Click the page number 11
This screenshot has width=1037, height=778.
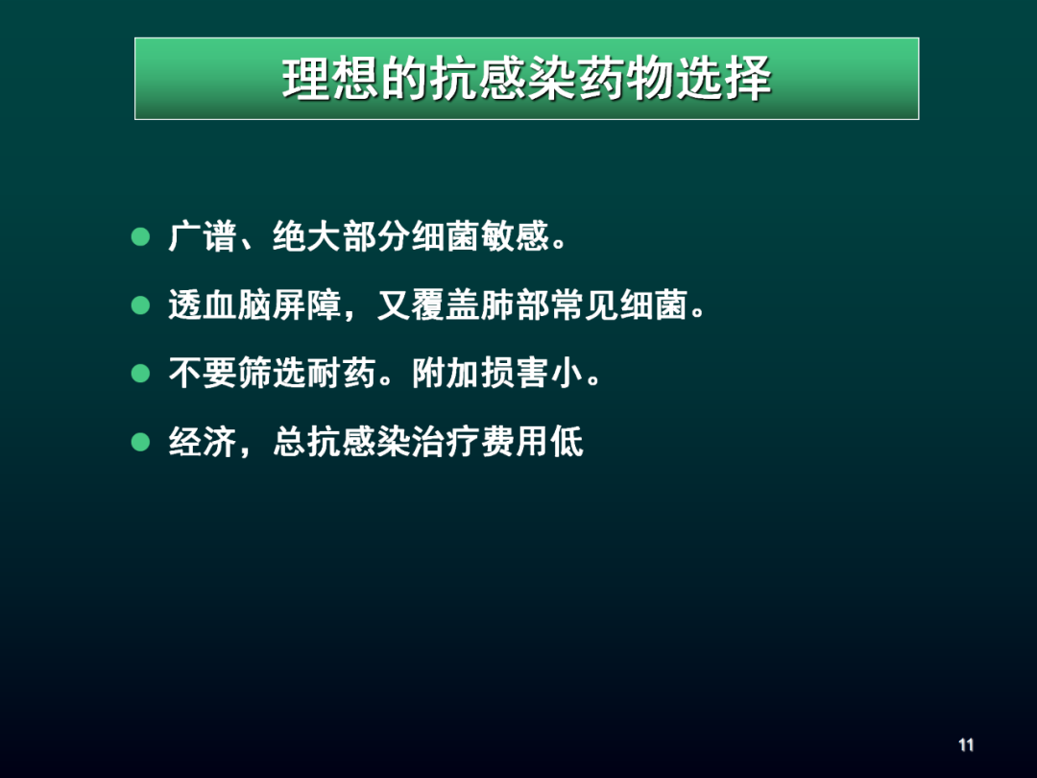(966, 745)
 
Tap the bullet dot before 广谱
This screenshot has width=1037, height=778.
(142, 236)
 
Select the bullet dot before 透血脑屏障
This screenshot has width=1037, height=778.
(142, 305)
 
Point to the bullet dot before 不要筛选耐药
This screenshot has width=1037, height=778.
(142, 374)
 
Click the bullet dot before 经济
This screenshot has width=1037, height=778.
(142, 442)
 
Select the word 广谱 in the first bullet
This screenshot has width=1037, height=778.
(203, 237)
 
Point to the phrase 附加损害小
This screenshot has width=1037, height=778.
(497, 375)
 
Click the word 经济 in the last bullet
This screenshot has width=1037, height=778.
(203, 443)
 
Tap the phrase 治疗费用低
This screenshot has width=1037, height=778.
(497, 443)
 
